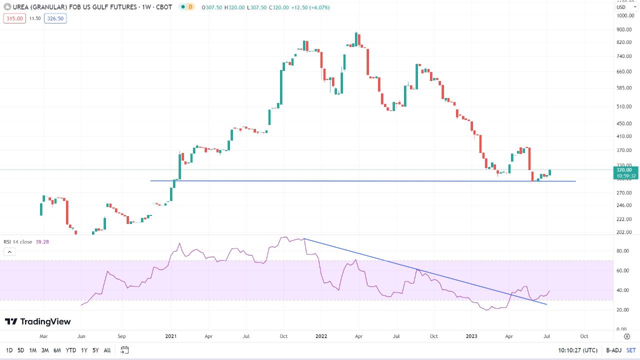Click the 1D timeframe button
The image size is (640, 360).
(x=9, y=350)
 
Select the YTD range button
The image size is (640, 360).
(x=71, y=350)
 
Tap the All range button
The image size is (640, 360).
(x=107, y=350)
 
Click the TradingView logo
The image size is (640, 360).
(x=38, y=321)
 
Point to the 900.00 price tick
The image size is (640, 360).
(x=624, y=29)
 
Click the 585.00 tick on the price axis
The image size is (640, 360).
(x=624, y=88)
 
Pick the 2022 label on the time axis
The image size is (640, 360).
(x=321, y=336)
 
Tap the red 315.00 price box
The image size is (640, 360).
(x=14, y=18)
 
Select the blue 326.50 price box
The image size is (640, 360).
(x=55, y=18)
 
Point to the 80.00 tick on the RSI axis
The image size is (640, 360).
(x=623, y=251)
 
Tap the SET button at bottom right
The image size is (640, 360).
(x=631, y=350)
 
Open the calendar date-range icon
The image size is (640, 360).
(x=125, y=350)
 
